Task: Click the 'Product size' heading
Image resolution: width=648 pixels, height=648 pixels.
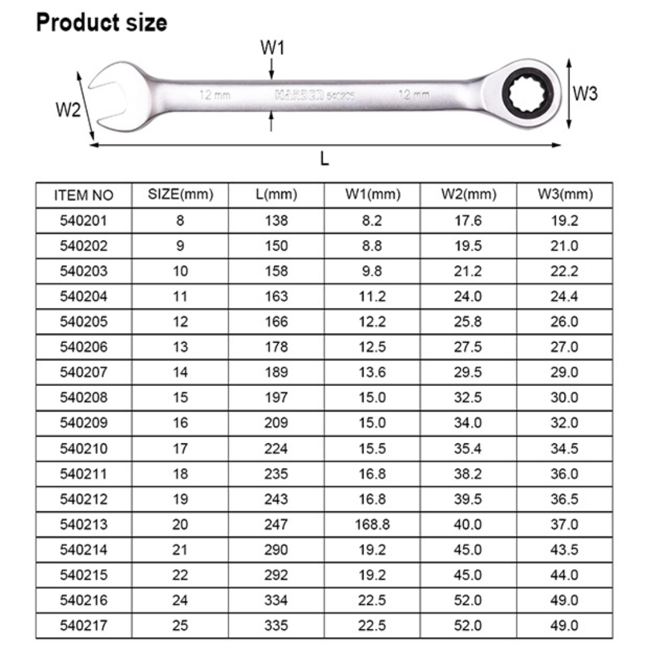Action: point(101,22)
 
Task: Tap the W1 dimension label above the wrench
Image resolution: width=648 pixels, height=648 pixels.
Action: point(272,49)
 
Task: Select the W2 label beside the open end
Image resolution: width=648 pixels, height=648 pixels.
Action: point(68,110)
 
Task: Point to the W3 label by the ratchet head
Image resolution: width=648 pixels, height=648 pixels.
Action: point(584,94)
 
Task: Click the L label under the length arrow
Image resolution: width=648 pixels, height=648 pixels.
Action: point(325,159)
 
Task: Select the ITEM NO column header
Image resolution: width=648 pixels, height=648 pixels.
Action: point(83,195)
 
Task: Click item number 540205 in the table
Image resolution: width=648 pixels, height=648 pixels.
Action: point(83,322)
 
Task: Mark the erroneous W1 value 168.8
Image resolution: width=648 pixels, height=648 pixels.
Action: point(372,524)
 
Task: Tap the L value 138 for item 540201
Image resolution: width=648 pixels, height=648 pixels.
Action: point(276,221)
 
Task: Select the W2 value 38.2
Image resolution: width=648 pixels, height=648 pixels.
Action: point(468,474)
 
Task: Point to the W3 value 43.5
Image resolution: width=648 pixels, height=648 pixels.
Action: point(564,550)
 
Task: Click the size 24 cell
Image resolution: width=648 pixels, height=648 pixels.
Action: point(180,600)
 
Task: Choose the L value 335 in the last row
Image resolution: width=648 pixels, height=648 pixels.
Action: point(276,625)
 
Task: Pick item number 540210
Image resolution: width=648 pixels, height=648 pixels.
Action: point(83,448)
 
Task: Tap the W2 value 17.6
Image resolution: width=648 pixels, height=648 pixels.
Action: point(468,221)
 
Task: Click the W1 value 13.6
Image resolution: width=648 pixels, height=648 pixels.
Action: point(372,373)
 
